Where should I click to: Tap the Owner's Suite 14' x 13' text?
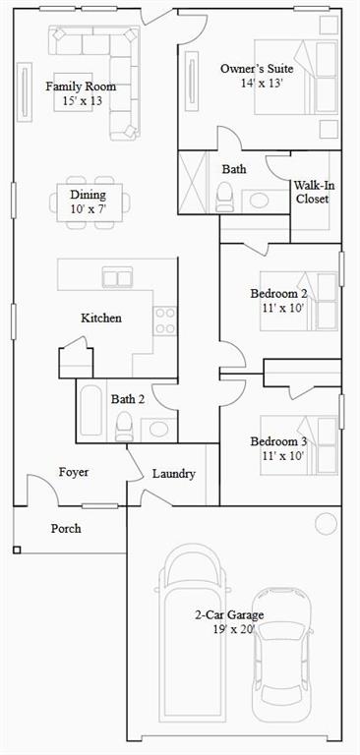[x=257, y=75]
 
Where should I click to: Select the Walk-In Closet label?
[x=314, y=192]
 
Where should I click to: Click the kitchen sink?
[x=117, y=277]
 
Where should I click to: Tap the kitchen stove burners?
[x=165, y=320]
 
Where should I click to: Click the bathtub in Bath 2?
[x=90, y=410]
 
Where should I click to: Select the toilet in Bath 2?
[x=124, y=427]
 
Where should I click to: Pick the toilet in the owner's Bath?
[x=224, y=198]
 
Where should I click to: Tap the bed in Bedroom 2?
[x=299, y=302]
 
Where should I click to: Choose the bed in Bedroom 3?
[x=299, y=445]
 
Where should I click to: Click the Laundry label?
[x=174, y=474]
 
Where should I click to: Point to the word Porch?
[x=66, y=529]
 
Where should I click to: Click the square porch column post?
[x=17, y=550]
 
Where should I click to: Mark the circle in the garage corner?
[x=326, y=524]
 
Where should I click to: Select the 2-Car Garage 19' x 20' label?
[x=229, y=621]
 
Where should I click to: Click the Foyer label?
[x=74, y=472]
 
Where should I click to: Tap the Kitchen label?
[x=101, y=319]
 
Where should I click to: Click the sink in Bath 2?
[x=158, y=429]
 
